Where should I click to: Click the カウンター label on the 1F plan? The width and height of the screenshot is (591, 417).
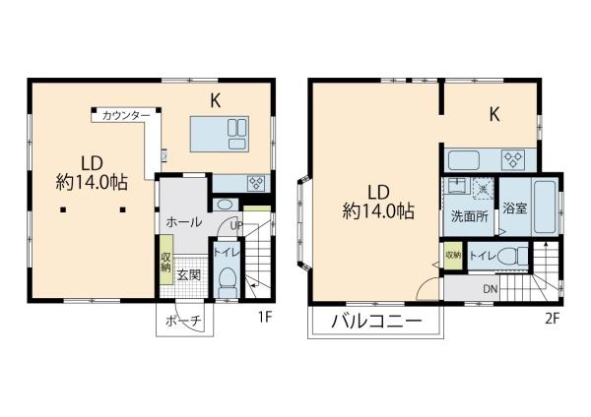(126, 115)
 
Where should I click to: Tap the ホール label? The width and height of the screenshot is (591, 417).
(184, 222)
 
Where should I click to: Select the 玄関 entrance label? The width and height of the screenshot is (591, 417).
(188, 275)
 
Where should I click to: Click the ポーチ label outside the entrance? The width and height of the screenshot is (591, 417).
(184, 321)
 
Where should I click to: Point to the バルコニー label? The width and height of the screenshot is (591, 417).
(376, 322)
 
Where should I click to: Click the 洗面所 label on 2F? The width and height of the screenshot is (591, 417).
(470, 216)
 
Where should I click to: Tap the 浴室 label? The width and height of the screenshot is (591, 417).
(514, 208)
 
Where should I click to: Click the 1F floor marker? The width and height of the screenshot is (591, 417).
(265, 318)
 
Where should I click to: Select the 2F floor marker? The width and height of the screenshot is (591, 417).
(553, 319)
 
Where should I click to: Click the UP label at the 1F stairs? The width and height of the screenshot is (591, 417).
(236, 226)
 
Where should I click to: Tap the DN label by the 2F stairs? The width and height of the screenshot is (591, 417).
(490, 289)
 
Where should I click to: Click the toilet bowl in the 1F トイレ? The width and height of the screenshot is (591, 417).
(228, 282)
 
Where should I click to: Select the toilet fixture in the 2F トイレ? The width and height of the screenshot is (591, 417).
(513, 257)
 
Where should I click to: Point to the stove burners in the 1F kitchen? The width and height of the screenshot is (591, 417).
(257, 183)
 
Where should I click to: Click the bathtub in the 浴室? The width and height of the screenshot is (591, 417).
(545, 207)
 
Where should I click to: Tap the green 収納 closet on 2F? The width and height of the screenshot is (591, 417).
(453, 256)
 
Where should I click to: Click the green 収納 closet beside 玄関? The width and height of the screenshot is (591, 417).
(165, 260)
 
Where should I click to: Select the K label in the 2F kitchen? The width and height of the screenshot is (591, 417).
(494, 114)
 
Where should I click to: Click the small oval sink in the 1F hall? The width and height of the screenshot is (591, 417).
(225, 206)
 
